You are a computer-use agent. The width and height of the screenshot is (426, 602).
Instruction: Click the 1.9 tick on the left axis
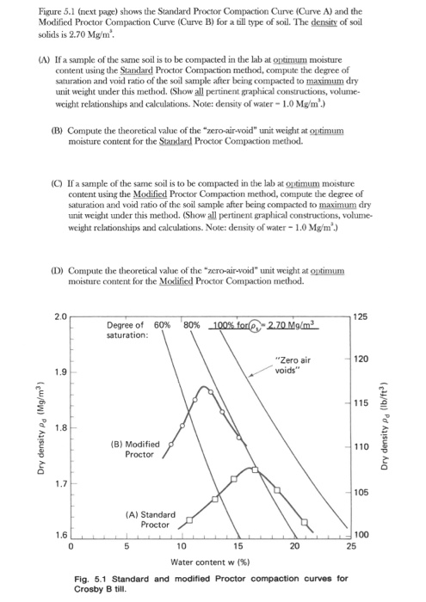(59, 372)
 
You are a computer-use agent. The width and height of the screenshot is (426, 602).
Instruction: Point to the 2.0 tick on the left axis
(59, 317)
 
